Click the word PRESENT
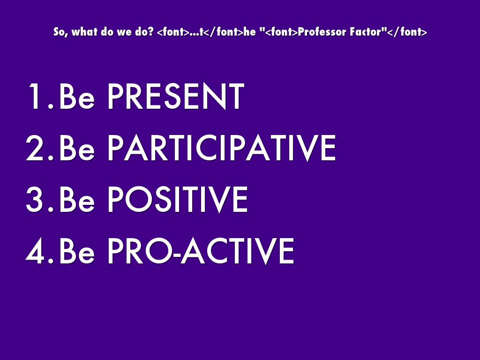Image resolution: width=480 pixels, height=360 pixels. point(176,96)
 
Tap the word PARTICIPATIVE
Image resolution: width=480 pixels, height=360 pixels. point(222,148)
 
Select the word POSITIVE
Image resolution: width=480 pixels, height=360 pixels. point(178,199)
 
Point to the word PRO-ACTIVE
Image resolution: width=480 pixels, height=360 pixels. point(201,251)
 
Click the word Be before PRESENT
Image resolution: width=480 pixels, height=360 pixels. point(77,96)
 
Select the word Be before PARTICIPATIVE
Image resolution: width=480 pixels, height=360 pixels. point(77,148)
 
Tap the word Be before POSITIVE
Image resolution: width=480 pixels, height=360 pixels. point(77,199)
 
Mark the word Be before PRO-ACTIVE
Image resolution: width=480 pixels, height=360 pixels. point(77,251)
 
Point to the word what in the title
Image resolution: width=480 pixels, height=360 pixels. point(84,32)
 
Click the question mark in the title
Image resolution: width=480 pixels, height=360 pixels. point(150,32)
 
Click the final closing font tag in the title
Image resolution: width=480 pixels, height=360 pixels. point(407,32)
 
